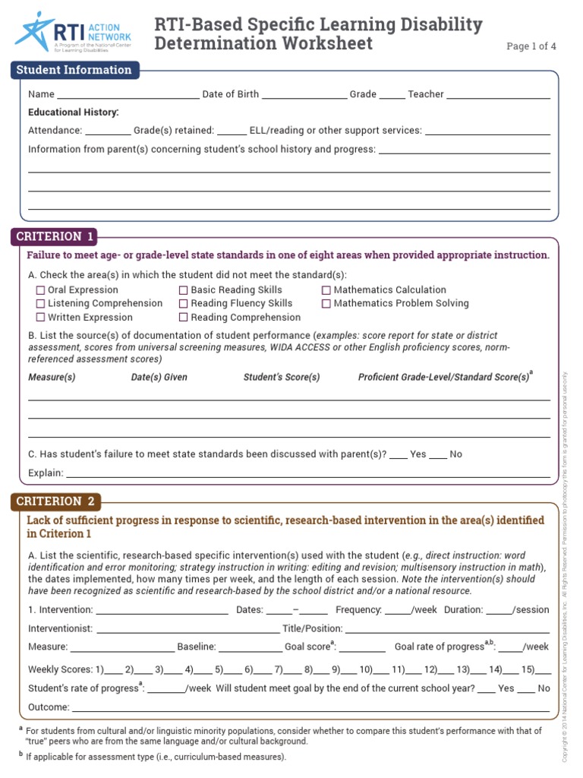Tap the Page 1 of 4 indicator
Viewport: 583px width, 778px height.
pos(531,46)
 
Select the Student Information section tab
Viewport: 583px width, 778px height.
pos(74,70)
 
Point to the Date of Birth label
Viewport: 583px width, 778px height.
pos(230,94)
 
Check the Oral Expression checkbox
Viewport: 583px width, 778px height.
pos(41,290)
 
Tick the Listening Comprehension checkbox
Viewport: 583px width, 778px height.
pos(41,304)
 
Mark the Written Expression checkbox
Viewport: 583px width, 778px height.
pos(41,318)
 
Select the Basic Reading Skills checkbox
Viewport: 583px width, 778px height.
pos(184,290)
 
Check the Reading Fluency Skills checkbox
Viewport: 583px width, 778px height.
pos(184,304)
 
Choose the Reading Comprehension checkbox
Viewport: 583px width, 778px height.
pos(184,318)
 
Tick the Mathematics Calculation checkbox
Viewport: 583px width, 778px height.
pos(326,290)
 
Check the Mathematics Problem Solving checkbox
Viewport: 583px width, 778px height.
pos(326,304)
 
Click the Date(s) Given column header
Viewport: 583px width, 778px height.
pos(159,377)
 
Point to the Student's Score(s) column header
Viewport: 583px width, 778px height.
pos(282,377)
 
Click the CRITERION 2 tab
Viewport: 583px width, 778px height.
pos(55,501)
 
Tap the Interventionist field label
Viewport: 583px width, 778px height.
pos(61,628)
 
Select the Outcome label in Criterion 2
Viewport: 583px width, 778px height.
pos(49,707)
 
